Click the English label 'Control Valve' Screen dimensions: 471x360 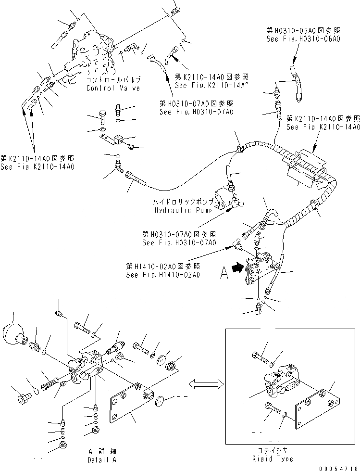click(113, 88)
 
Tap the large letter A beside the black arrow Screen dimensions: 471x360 click(224, 274)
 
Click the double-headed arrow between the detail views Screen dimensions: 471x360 click(206, 383)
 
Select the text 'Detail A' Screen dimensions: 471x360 click(103, 459)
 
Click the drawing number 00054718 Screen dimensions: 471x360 click(338, 467)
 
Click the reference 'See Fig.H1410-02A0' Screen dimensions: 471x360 click(163, 275)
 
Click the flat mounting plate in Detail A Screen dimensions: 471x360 click(132, 401)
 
